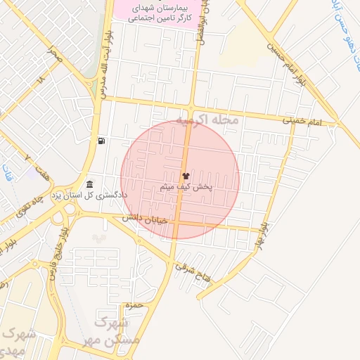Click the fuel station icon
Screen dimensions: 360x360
103,141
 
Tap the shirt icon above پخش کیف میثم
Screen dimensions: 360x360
186,176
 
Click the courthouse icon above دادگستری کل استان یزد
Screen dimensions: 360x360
89,184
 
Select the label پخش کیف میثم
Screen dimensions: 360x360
186,187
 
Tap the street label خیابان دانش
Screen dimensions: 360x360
144,219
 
